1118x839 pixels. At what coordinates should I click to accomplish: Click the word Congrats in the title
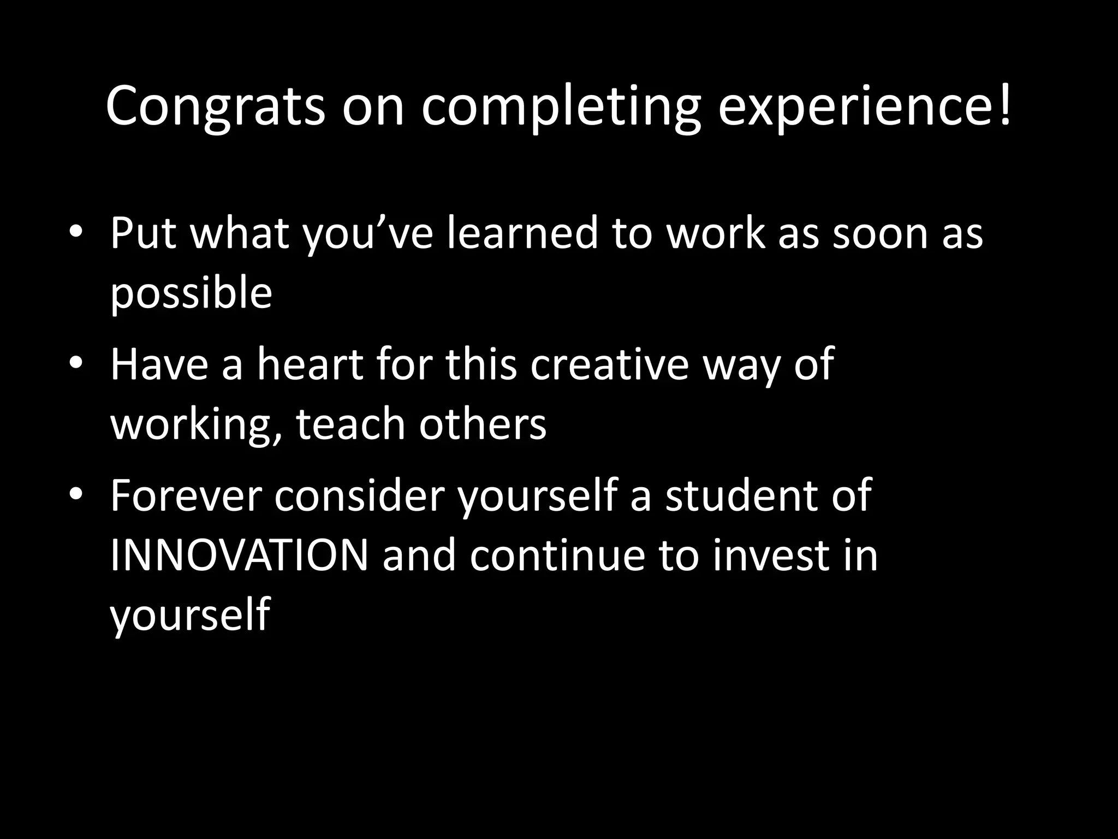(x=216, y=107)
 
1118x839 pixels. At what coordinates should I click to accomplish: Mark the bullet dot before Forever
(x=76, y=493)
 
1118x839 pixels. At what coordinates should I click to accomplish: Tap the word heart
(x=310, y=364)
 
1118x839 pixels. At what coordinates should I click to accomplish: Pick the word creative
(x=609, y=364)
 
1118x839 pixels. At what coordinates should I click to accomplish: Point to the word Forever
(x=185, y=495)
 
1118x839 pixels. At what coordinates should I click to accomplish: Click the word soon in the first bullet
(x=881, y=233)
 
